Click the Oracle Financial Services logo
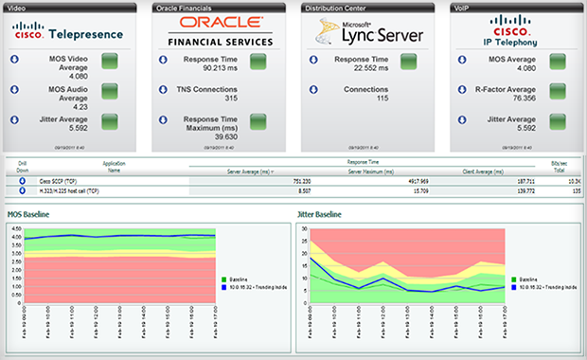[x=220, y=30]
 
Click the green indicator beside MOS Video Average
[x=109, y=62]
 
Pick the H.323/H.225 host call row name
[x=69, y=190]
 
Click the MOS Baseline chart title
[x=29, y=215]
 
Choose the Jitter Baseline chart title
[x=323, y=215]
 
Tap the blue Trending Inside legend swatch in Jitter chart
[x=514, y=287]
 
